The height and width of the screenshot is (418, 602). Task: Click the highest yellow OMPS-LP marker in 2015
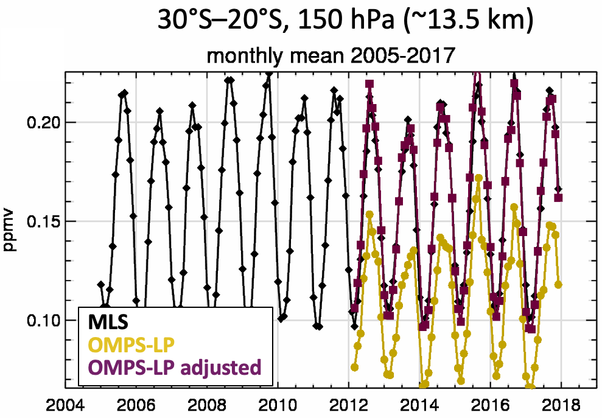pyautogui.click(x=478, y=178)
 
